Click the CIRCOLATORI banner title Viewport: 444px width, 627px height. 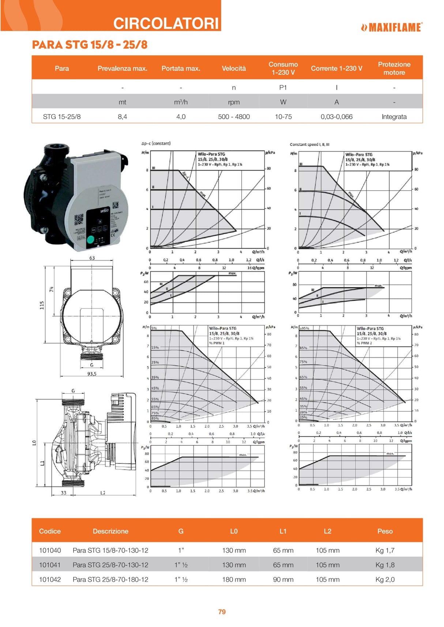click(166, 23)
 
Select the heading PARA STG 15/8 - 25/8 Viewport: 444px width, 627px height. click(90, 45)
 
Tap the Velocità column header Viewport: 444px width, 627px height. click(234, 68)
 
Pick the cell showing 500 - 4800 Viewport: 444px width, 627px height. click(234, 117)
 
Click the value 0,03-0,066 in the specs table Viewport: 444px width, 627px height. click(336, 117)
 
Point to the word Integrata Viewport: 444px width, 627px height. click(394, 117)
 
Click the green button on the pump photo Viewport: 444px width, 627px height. click(90, 240)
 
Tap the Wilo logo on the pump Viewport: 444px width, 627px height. click(105, 211)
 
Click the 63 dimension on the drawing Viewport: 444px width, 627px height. click(92, 258)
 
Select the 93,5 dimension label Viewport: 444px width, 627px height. click(92, 374)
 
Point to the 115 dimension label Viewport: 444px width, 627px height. click(42, 305)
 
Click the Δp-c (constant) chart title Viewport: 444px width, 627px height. click(156, 144)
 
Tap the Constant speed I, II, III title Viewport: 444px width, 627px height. click(309, 145)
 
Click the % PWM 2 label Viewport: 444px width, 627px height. click(364, 343)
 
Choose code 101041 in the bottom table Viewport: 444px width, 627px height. click(50, 565)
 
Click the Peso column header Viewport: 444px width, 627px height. click(385, 531)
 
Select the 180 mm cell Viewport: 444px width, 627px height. click(234, 580)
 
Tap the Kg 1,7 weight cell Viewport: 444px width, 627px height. click(385, 550)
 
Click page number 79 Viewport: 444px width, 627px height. click(222, 612)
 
